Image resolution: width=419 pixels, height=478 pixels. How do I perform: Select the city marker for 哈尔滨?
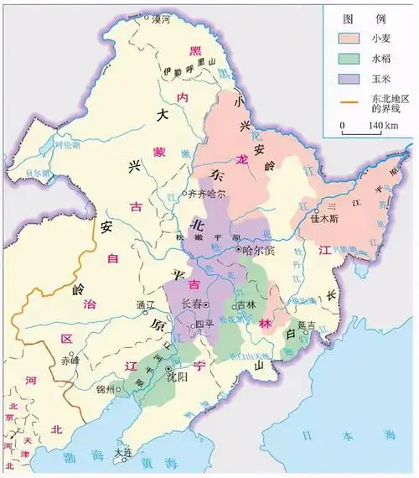pyautogui.click(x=238, y=249)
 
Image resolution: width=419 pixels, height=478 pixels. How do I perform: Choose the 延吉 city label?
pyautogui.click(x=309, y=324)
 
